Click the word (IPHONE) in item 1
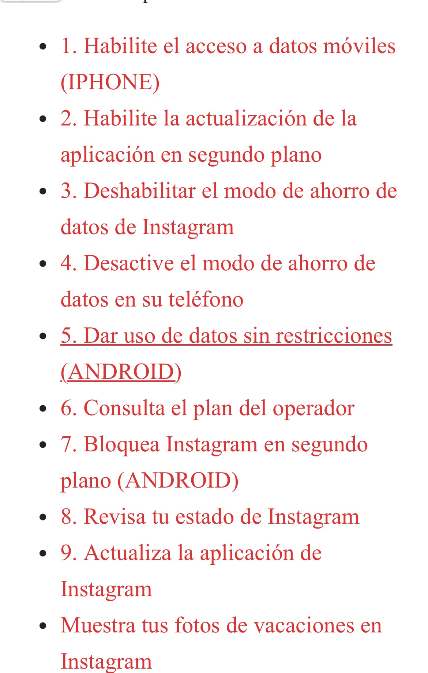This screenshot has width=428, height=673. (110, 82)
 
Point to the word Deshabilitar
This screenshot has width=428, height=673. (139, 191)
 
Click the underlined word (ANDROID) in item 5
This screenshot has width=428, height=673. (121, 372)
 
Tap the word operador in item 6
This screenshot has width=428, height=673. (314, 408)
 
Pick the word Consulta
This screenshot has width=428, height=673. (124, 408)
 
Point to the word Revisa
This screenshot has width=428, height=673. (114, 517)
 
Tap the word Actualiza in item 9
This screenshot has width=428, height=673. (127, 553)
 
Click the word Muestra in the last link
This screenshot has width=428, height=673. (98, 625)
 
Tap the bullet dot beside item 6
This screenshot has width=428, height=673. (43, 409)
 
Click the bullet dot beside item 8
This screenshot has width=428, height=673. (43, 517)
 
